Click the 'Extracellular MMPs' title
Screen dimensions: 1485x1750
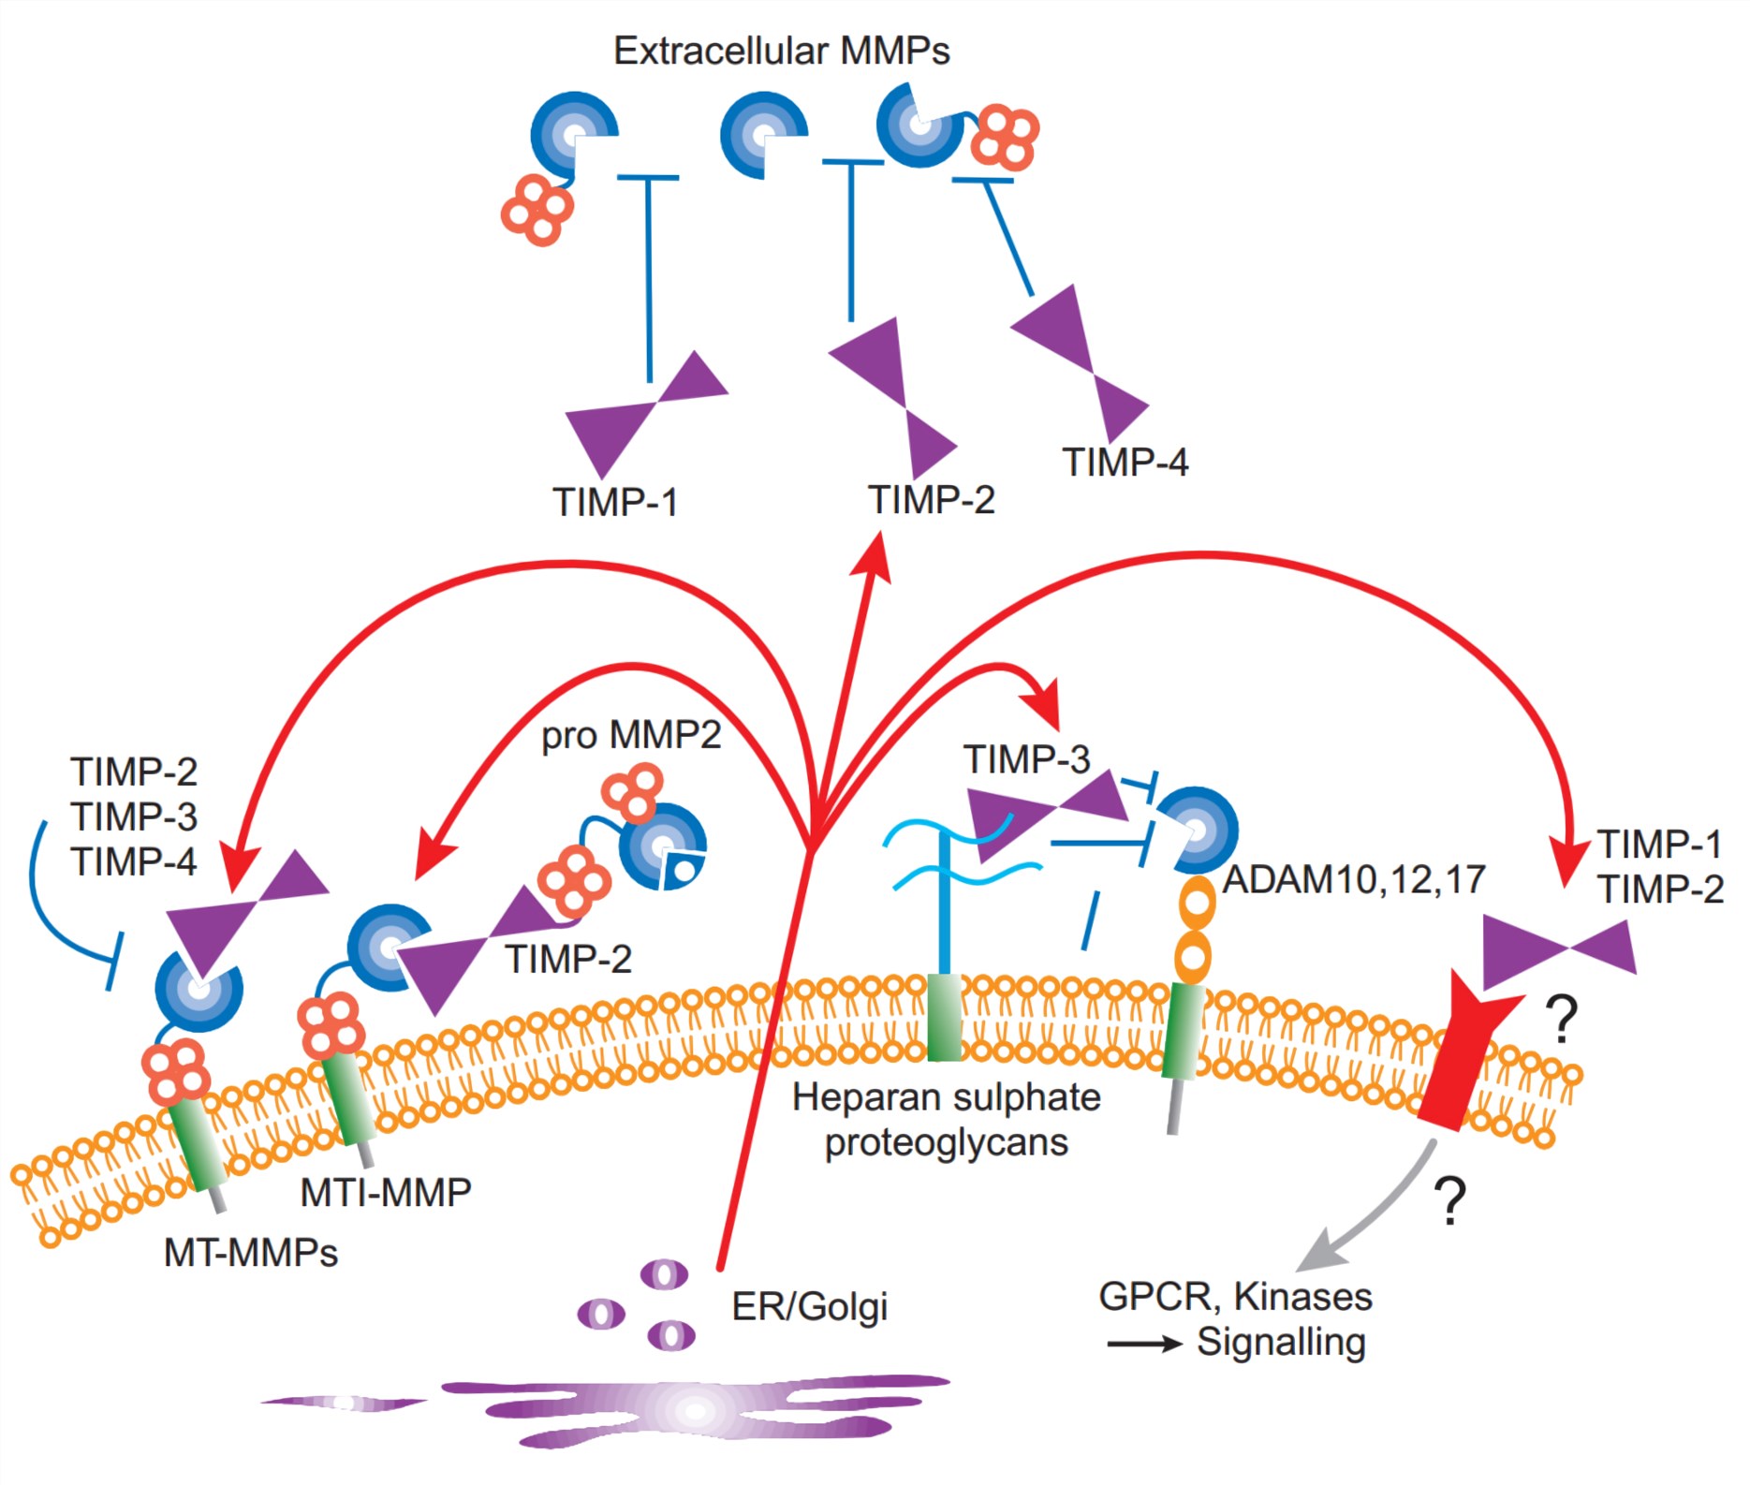(781, 51)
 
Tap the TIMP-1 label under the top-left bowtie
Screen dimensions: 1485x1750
(615, 503)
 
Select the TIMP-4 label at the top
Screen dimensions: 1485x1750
(1125, 463)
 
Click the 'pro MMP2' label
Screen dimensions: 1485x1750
(631, 736)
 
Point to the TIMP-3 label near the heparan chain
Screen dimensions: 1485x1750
(1027, 759)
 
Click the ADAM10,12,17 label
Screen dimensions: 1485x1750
(1354, 880)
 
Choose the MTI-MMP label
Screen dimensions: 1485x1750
(386, 1193)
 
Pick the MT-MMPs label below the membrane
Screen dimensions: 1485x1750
(251, 1253)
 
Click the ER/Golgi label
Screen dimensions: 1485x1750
(810, 1307)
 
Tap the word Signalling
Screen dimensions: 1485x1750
(1281, 1343)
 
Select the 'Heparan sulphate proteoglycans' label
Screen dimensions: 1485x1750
(947, 1120)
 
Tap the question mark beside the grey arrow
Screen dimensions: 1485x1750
(1450, 1201)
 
